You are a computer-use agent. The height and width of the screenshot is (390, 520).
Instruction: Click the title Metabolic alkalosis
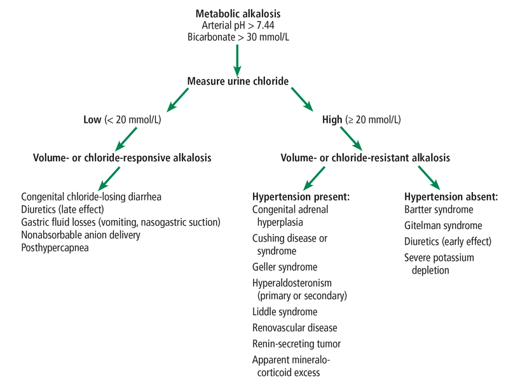point(237,13)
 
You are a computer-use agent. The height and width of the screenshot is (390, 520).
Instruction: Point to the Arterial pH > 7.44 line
point(237,25)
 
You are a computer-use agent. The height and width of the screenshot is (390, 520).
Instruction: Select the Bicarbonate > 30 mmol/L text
point(237,38)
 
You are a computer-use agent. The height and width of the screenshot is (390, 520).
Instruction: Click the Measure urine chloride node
point(238,81)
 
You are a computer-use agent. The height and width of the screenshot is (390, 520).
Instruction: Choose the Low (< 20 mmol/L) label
point(122,119)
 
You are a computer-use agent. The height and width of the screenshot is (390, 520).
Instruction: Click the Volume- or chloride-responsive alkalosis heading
point(123,157)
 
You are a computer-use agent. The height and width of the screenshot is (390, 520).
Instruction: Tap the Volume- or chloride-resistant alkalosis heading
point(366,157)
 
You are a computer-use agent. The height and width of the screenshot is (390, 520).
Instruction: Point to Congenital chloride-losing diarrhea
point(91,197)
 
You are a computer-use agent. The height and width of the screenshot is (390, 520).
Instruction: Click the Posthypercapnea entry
point(55,247)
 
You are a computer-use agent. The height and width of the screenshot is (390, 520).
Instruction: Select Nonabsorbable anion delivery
point(81,235)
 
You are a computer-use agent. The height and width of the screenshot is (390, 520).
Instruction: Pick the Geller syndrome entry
point(285,267)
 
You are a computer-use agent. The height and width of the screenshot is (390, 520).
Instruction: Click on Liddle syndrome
point(285,312)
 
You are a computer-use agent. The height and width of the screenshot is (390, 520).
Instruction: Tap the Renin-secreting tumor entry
point(296,344)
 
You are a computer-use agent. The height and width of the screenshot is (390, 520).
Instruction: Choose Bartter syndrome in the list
point(438,209)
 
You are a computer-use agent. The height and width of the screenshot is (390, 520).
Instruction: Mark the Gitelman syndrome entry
point(443,225)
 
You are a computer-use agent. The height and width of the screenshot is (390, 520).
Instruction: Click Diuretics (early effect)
point(448,241)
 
